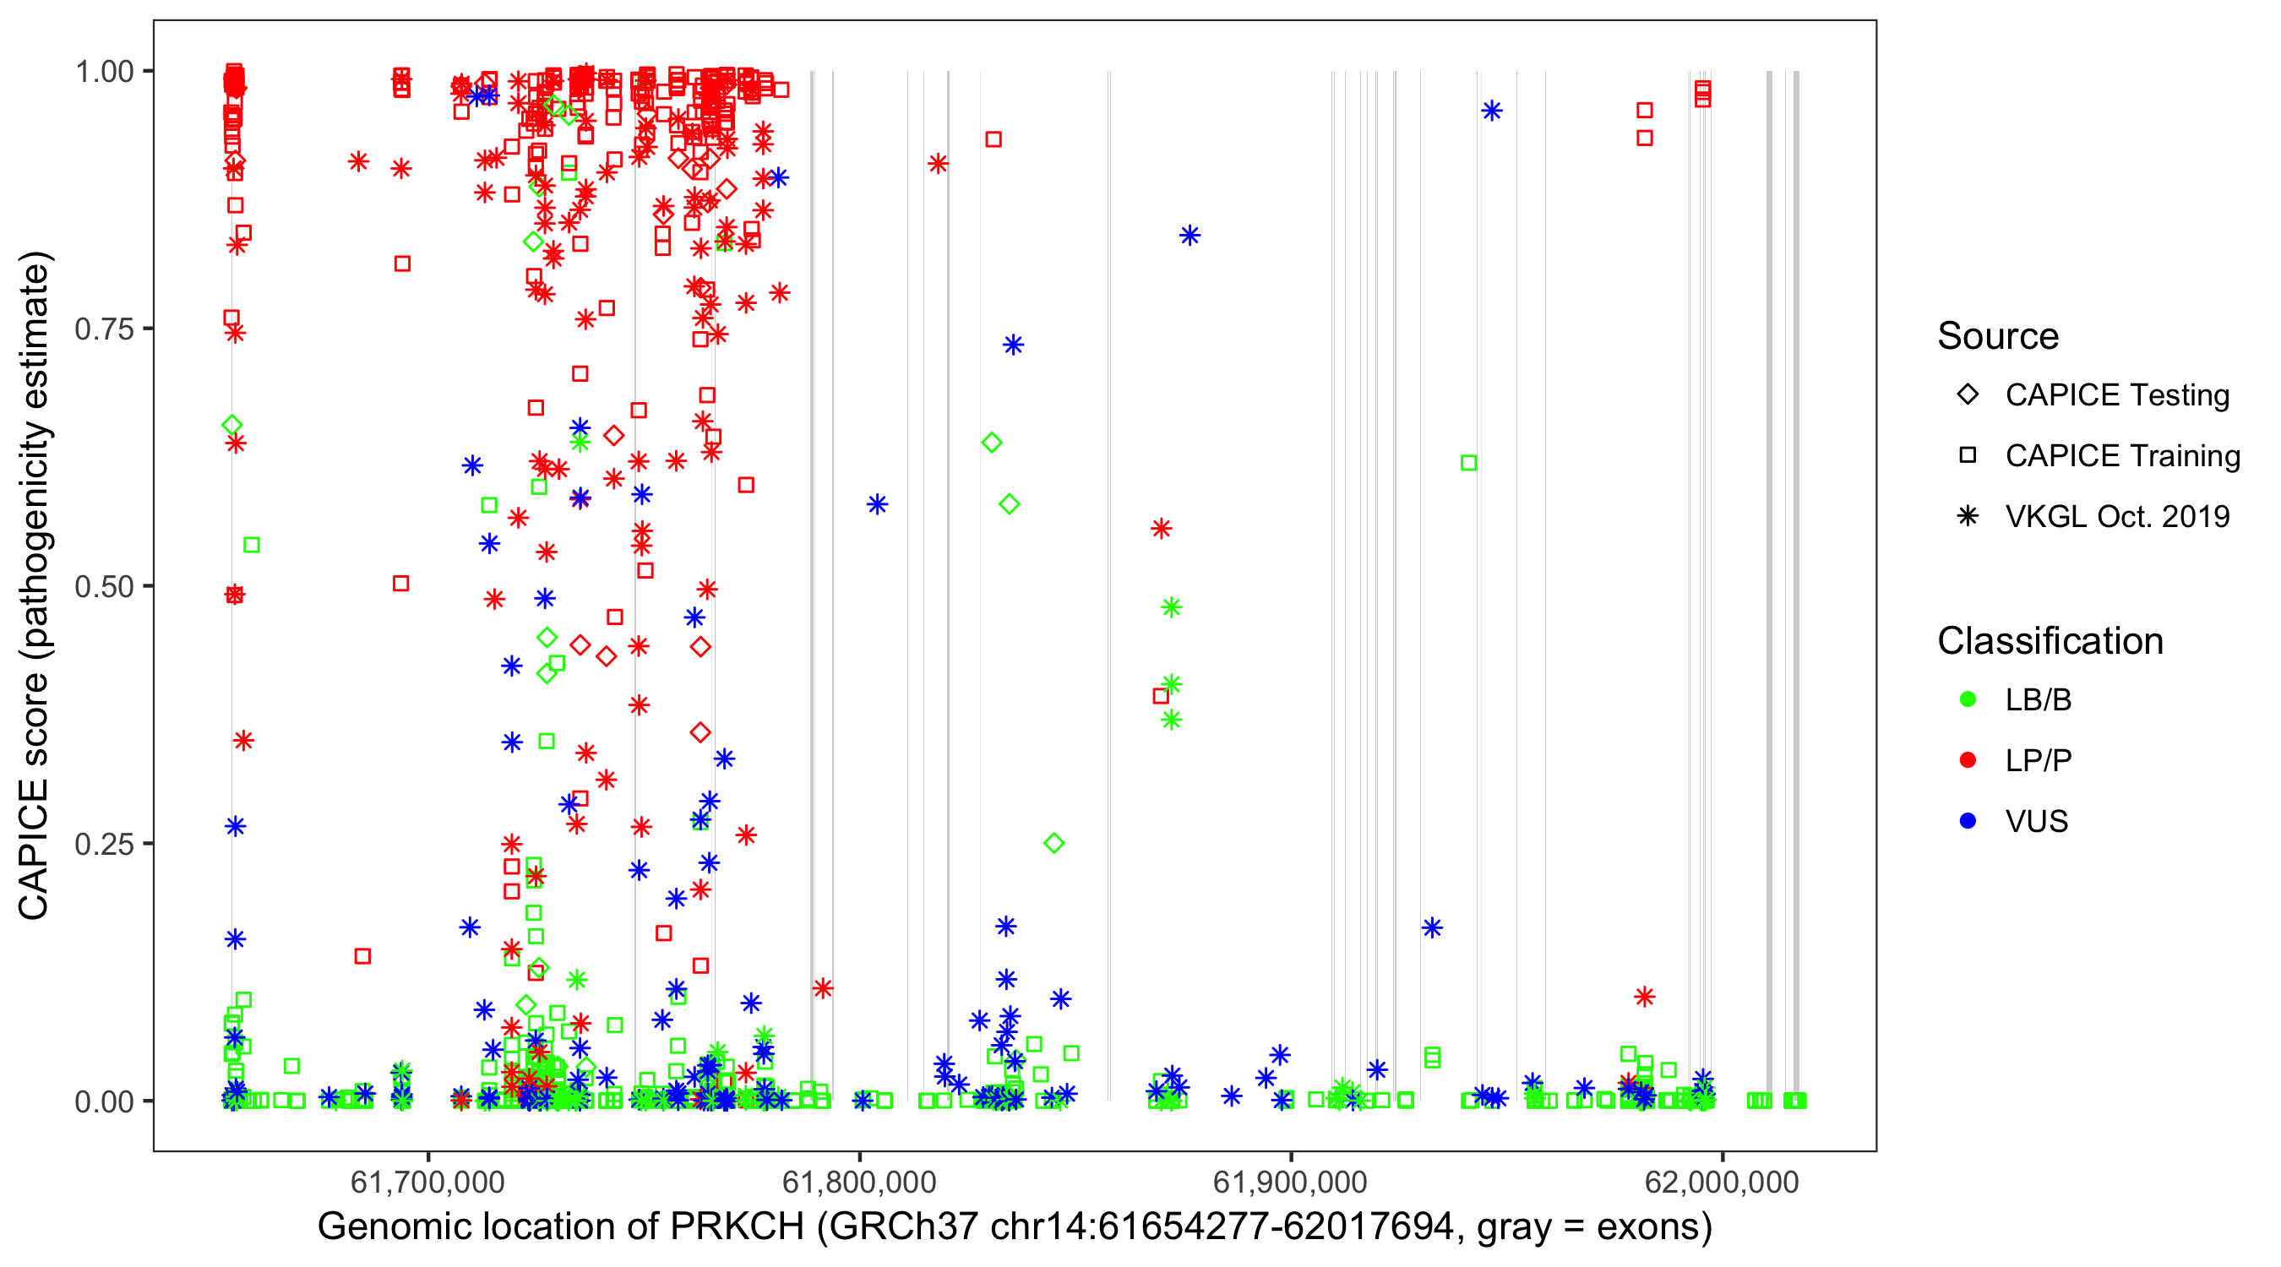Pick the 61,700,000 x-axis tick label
(427, 1182)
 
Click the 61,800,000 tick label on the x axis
(859, 1182)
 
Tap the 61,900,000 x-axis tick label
(1290, 1182)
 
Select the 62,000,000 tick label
(1722, 1182)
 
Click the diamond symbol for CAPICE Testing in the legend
(1968, 395)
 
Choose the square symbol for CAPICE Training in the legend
(1968, 456)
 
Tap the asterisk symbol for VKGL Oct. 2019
(1968, 516)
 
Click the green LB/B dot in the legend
(1968, 699)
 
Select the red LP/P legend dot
(1968, 760)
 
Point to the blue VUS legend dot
(1968, 822)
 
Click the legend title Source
(1998, 336)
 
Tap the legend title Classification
(2050, 641)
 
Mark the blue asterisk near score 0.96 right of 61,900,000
(1492, 111)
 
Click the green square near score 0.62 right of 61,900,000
(1468, 463)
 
